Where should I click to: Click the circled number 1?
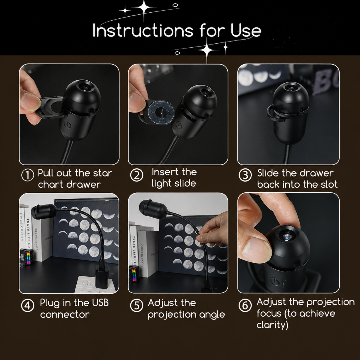(x=28, y=175)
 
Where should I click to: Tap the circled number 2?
(x=137, y=175)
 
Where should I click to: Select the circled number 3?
(x=245, y=175)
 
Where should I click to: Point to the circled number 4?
(x=28, y=306)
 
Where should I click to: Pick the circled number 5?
(x=137, y=306)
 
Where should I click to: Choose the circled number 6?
(x=245, y=306)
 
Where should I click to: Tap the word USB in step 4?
(x=100, y=303)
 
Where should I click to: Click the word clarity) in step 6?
(x=272, y=325)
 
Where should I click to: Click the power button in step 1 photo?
(x=67, y=124)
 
